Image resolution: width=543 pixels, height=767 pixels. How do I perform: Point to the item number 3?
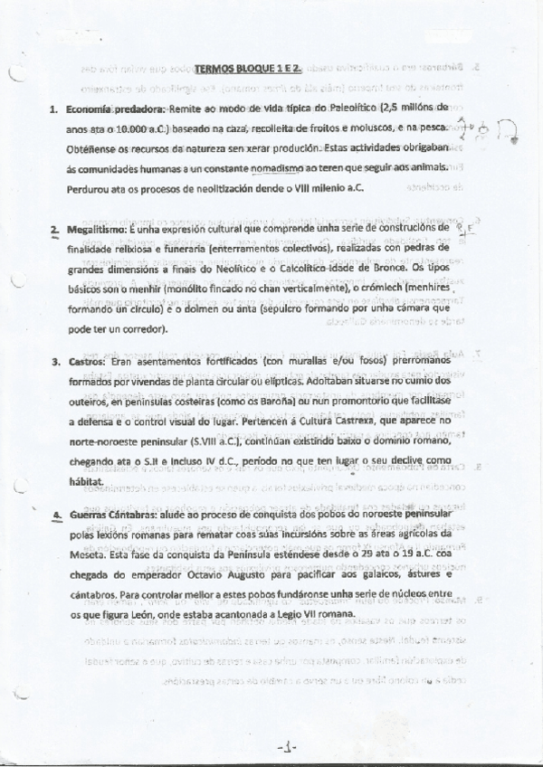point(54,363)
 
